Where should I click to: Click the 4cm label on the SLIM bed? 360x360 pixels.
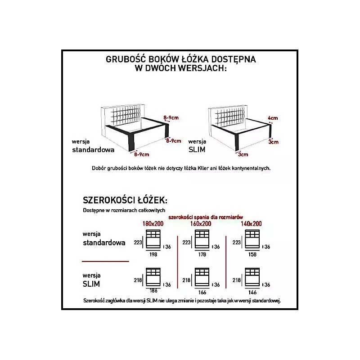tap(273, 118)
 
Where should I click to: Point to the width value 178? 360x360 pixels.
tap(202, 254)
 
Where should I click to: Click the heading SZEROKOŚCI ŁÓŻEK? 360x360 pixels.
tap(125, 200)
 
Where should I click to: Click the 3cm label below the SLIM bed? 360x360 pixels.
tap(243, 154)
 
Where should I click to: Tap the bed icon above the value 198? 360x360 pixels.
tap(153, 239)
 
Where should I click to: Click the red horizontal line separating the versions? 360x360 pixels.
tap(104, 261)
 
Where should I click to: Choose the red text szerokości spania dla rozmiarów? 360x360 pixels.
tap(206, 217)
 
